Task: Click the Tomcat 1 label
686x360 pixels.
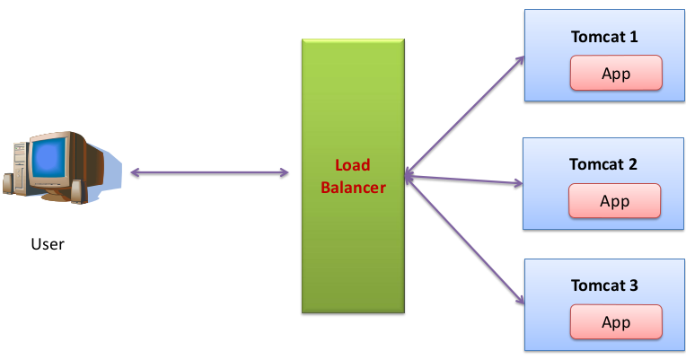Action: click(x=603, y=37)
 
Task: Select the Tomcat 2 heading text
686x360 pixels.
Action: click(x=603, y=164)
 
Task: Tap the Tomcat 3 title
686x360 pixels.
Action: click(x=603, y=285)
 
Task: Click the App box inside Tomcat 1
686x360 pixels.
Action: click(x=616, y=74)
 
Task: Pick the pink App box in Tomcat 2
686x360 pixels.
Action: click(x=615, y=201)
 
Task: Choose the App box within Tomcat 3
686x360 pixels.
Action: click(x=616, y=322)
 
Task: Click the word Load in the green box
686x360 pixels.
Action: click(x=352, y=165)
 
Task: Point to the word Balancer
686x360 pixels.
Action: click(x=353, y=188)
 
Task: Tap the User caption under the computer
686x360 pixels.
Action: click(x=48, y=244)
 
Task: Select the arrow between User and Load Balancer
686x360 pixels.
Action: click(x=209, y=171)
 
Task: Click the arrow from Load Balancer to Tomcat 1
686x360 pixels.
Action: click(x=463, y=116)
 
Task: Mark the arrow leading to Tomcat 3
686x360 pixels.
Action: click(x=463, y=240)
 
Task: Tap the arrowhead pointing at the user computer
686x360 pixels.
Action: click(x=134, y=171)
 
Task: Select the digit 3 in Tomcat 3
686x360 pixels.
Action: click(x=633, y=285)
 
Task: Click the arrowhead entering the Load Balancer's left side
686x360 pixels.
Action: click(x=284, y=171)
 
